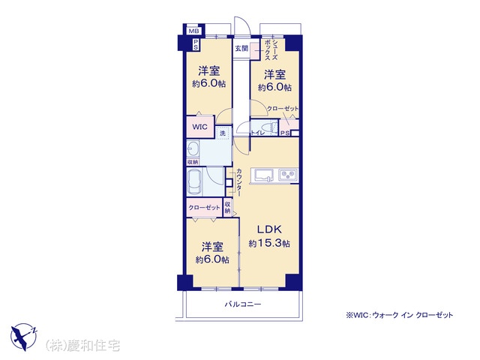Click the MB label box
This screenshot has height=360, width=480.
coord(193,31)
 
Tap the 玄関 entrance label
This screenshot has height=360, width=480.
coord(241,48)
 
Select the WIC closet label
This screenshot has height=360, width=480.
coord(199,127)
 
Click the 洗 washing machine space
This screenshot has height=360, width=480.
coord(223,133)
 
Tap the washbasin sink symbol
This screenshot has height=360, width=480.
coord(193,150)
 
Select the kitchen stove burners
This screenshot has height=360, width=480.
coord(287,175)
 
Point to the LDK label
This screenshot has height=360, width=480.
coord(269,229)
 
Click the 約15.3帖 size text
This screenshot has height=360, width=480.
coord(269,243)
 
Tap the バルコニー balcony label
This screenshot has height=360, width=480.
coord(243,304)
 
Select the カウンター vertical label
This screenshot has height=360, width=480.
coord(238,183)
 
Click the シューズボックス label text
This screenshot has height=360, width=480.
coord(271,49)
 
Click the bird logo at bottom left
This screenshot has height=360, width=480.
coord(23,337)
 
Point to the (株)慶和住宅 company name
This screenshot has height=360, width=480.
coord(82,346)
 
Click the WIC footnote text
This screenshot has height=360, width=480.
coord(400,315)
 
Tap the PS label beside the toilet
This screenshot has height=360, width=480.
coord(285,133)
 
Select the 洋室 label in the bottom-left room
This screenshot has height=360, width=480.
coord(212,246)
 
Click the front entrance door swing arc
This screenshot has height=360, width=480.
coord(244,24)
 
